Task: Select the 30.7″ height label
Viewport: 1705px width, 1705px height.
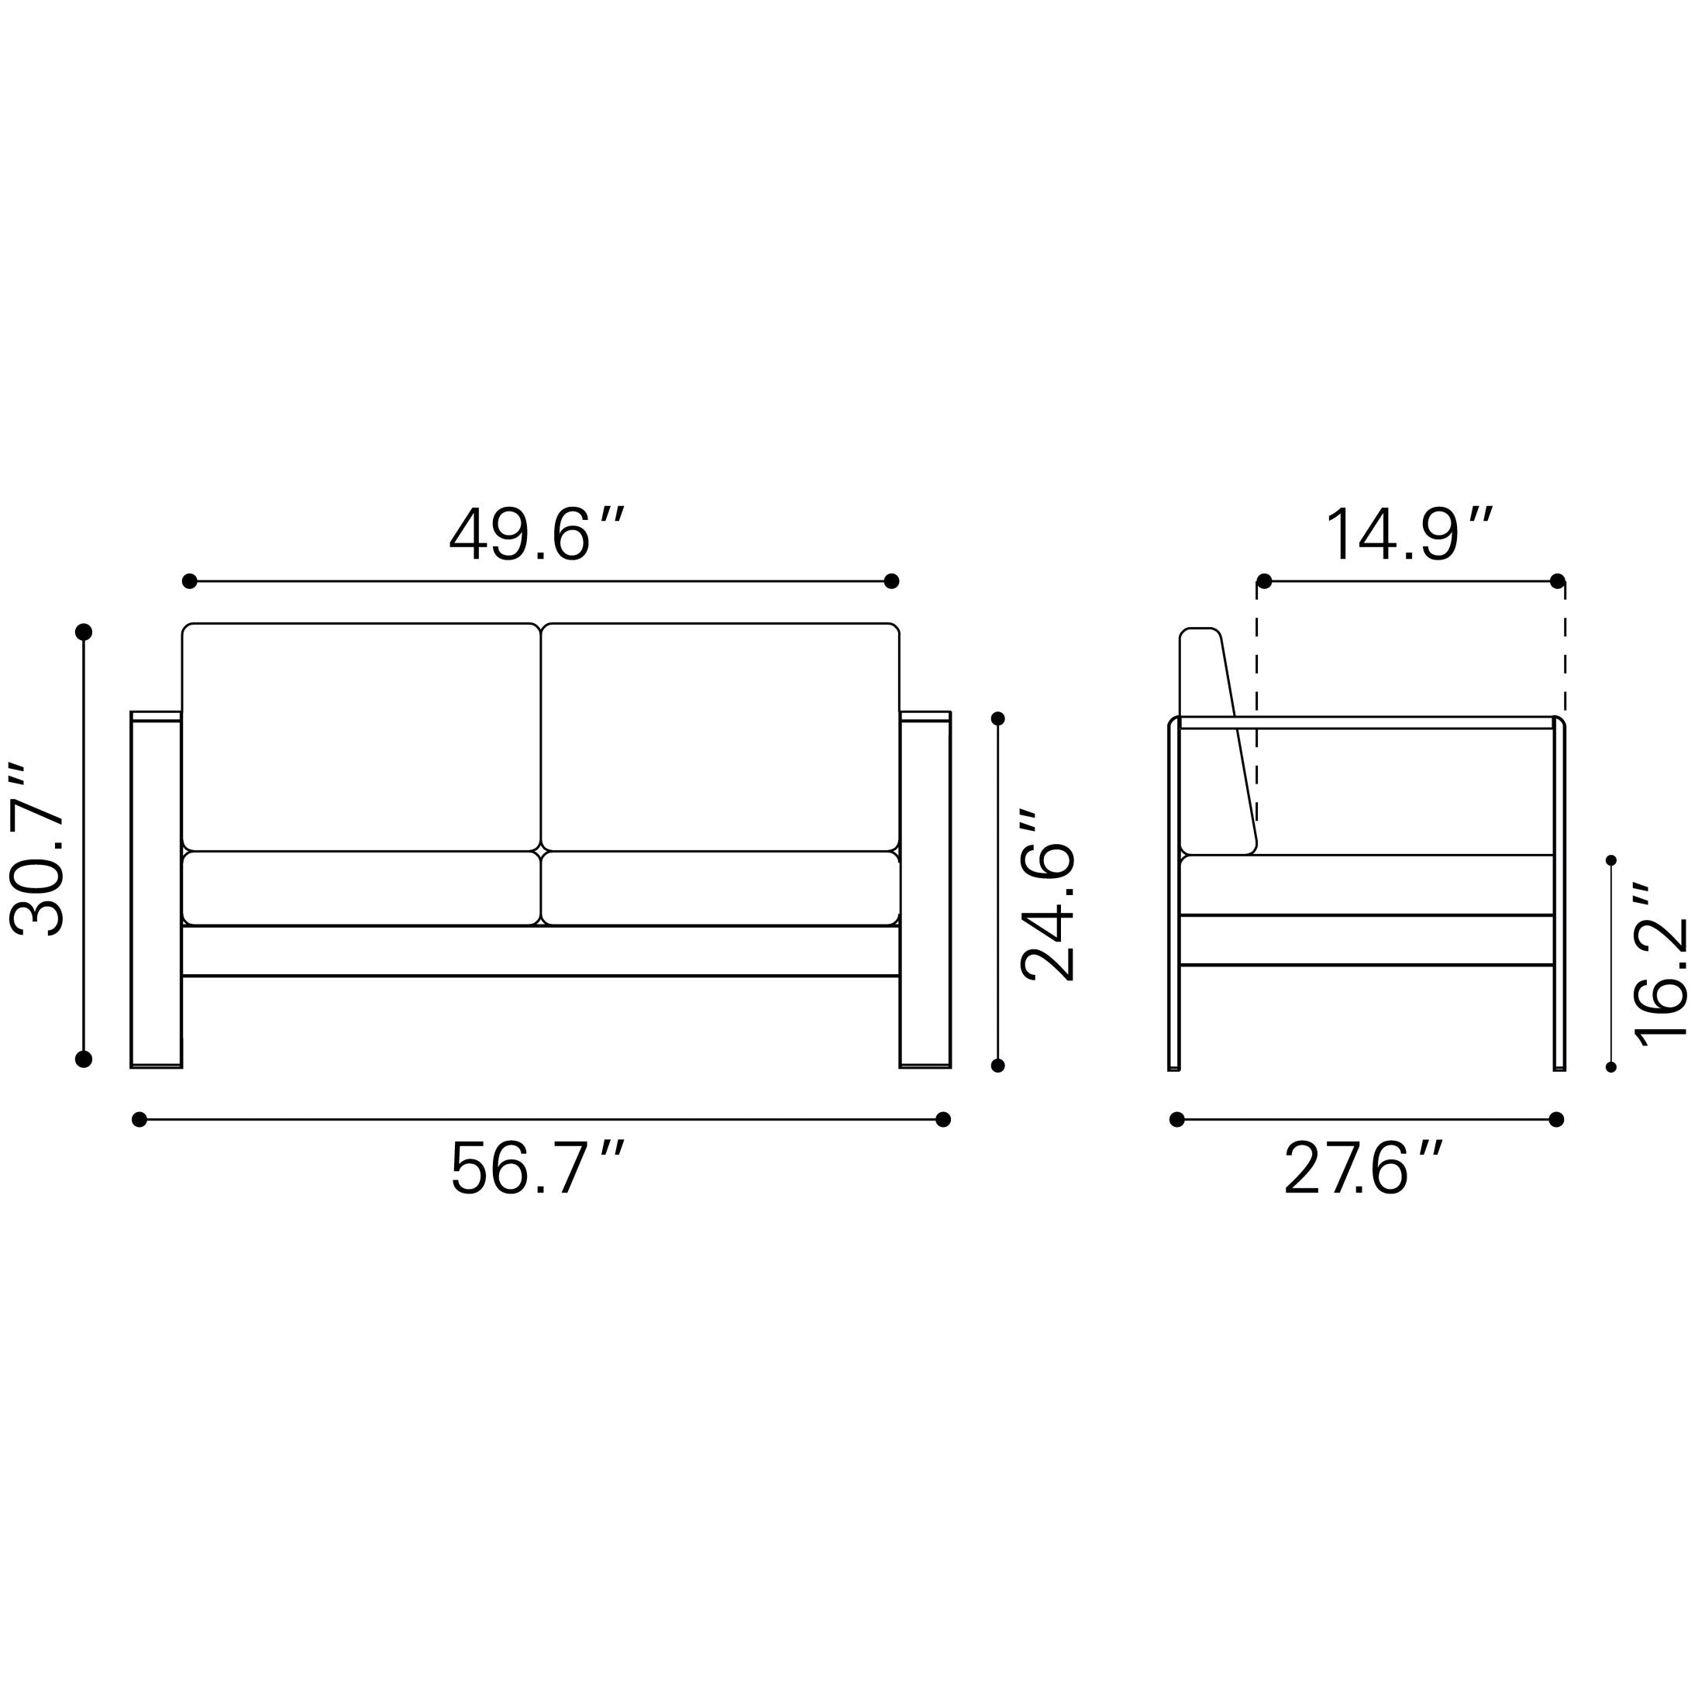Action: pos(37,849)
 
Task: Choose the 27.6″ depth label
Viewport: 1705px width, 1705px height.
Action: pos(1363,1169)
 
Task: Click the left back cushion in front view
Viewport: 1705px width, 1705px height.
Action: pos(361,737)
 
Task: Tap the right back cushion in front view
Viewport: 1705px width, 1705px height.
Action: pos(720,737)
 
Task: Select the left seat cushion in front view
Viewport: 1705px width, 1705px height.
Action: pos(361,888)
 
